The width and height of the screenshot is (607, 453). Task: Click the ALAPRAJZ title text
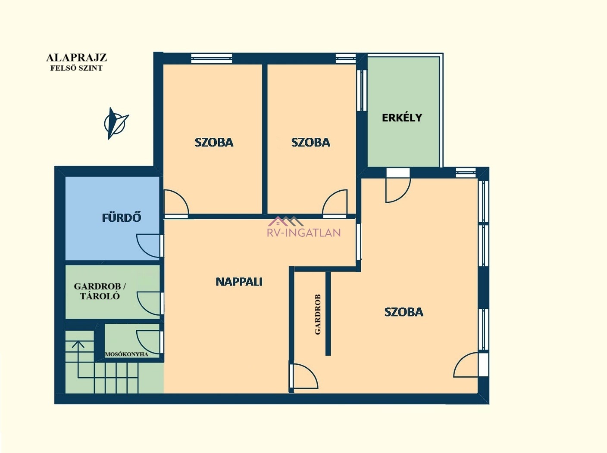tap(76, 58)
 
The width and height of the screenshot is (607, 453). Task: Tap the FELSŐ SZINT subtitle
tap(76, 68)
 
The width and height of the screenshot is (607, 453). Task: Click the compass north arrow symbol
tap(116, 123)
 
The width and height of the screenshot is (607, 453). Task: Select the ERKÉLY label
tap(402, 118)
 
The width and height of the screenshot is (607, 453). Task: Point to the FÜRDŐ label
tap(122, 218)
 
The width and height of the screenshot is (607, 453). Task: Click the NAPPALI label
tap(239, 282)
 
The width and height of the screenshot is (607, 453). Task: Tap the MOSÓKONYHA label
tap(127, 354)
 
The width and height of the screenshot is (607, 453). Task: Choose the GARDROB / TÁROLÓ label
tap(100, 291)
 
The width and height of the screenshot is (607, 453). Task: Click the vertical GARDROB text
tap(318, 314)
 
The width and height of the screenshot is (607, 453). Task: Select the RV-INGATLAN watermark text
tap(303, 233)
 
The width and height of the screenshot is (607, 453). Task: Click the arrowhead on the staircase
tap(78, 344)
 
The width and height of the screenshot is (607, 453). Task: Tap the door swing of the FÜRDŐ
tap(148, 246)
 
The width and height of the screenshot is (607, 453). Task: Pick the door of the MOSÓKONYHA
tap(148, 342)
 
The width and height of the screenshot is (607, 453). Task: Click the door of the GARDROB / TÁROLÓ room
tap(148, 304)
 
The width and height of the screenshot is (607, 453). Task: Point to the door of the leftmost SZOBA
tap(177, 202)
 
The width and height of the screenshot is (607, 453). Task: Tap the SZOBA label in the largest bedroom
tap(404, 312)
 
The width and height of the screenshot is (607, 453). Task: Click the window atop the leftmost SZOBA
tap(212, 58)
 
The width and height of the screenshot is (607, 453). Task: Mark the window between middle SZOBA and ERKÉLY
tap(362, 90)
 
